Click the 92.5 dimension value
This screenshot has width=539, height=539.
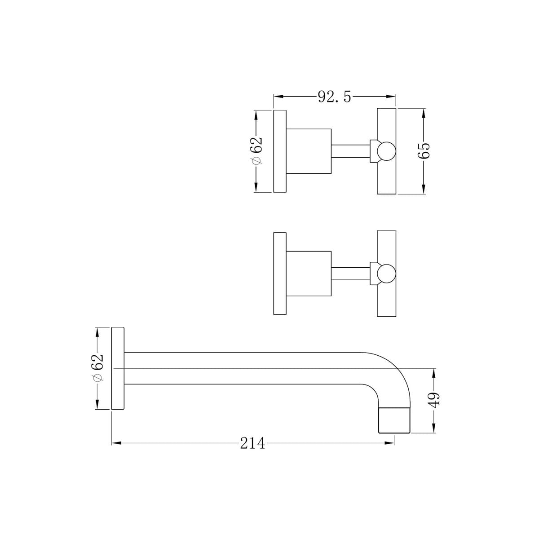click(x=334, y=97)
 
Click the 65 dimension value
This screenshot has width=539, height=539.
click(x=424, y=151)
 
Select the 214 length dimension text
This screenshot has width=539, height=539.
click(x=252, y=443)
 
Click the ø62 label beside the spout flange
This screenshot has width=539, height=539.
click(x=97, y=368)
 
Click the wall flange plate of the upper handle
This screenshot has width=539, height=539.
click(x=280, y=151)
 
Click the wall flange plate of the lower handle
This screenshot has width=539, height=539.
click(x=280, y=274)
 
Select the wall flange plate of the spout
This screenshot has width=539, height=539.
click(x=118, y=368)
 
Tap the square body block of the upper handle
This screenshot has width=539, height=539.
click(x=309, y=151)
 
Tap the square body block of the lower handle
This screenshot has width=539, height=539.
click(x=309, y=274)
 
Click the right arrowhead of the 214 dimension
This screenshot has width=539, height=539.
click(x=392, y=443)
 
